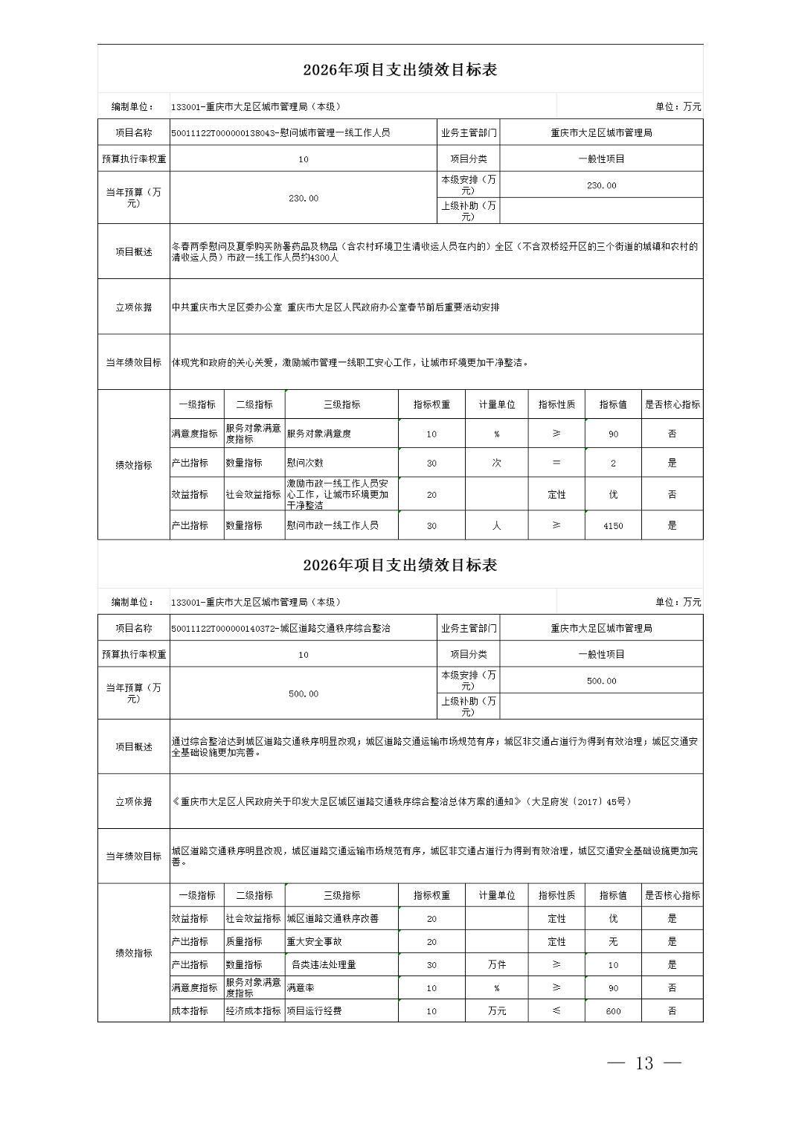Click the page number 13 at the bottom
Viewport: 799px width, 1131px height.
[644, 1063]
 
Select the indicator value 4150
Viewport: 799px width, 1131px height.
[613, 525]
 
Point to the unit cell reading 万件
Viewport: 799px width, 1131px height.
[496, 965]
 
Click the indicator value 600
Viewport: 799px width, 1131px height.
[613, 1011]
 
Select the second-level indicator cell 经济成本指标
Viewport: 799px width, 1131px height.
[254, 1011]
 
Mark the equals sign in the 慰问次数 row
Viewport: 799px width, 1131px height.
[556, 463]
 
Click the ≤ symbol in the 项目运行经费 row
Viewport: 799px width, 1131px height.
[556, 1011]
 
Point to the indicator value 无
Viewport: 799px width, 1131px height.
[613, 942]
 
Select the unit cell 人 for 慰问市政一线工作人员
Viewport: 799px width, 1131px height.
[496, 525]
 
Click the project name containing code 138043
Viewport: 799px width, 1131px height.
[280, 133]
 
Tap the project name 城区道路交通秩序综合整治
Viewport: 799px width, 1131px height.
[280, 629]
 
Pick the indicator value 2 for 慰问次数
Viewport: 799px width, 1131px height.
[613, 463]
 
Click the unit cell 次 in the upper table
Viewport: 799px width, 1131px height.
[496, 463]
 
